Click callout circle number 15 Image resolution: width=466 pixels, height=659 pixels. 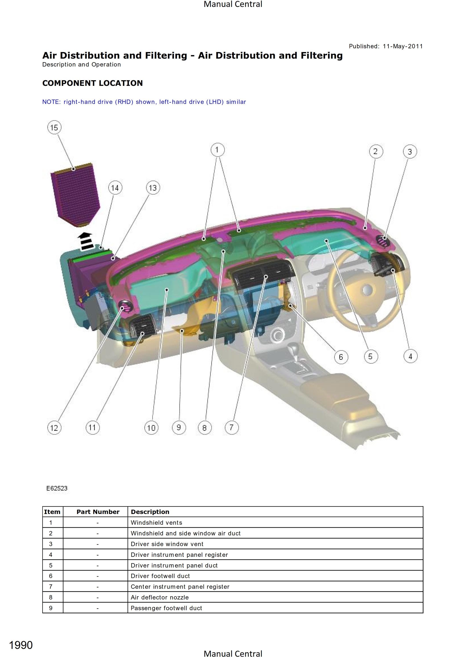coord(54,127)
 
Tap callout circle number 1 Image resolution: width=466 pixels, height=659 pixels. coord(217,150)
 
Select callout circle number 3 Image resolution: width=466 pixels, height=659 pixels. coord(410,152)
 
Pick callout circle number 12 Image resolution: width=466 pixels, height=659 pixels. coord(54,428)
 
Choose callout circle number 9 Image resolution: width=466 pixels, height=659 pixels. coord(179,428)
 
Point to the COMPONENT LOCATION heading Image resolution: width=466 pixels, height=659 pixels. coord(93,83)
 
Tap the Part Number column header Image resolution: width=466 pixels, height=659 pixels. coord(98,512)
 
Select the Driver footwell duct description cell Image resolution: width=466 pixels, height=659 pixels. coord(275,576)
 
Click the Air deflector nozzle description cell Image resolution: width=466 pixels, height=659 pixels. coord(275,597)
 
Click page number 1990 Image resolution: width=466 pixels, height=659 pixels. coord(21,645)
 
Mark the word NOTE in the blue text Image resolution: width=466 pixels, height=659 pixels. coord(51,102)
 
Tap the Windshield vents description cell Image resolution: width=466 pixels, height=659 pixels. coord(275,523)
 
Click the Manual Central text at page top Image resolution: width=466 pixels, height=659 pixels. coord(233,4)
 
